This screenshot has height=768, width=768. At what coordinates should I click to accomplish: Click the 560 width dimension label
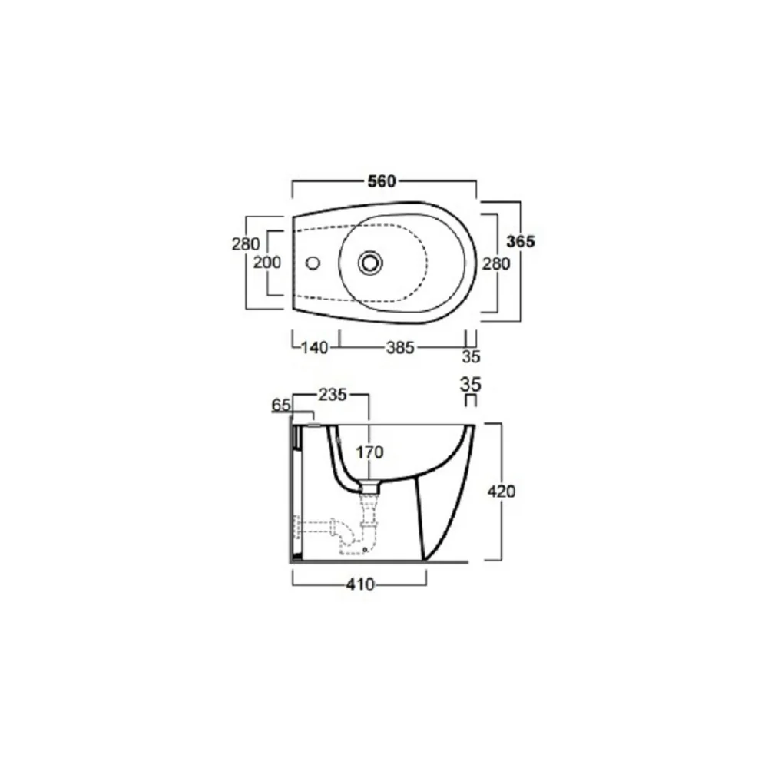point(382,182)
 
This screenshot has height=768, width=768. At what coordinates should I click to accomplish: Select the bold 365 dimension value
point(521,241)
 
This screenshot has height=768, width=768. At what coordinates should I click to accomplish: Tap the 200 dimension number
point(267,263)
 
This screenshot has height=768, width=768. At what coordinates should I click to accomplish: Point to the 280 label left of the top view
point(246,244)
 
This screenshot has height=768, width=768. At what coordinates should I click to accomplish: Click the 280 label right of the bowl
point(496,264)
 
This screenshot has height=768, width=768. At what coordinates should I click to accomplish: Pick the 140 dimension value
point(314,348)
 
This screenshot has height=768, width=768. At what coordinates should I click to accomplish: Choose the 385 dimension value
point(400,348)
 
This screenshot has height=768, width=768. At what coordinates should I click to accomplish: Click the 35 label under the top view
point(471,357)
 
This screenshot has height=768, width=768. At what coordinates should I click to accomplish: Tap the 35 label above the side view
point(470,385)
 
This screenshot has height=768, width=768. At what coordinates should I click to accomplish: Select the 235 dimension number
point(333,395)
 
